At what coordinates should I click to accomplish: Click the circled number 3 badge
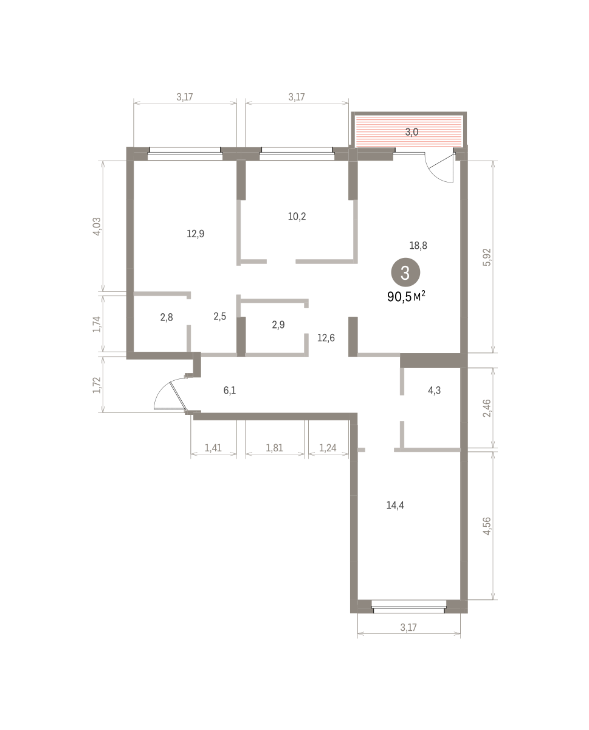405,273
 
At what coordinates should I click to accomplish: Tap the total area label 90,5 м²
406,296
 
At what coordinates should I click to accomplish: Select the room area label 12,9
196,234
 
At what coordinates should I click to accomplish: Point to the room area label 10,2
297,217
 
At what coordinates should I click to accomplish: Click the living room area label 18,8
418,245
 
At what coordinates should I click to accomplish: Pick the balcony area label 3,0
412,132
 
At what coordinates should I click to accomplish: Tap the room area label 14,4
395,505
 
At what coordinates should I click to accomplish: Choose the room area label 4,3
434,391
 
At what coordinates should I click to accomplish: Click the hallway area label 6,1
229,391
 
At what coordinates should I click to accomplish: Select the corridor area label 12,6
326,338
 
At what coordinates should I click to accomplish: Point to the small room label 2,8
167,318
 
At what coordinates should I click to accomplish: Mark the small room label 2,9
278,325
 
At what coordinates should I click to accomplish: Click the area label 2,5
219,316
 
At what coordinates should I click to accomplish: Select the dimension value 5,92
487,257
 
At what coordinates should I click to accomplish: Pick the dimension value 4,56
487,526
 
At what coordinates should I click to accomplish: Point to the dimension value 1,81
274,448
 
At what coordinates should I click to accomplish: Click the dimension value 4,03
97,226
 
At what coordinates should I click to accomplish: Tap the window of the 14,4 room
409,607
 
